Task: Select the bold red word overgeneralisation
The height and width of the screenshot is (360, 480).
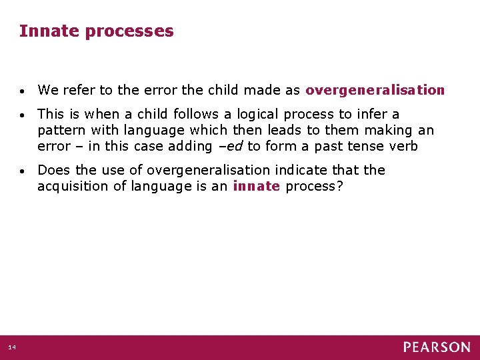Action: click(x=375, y=90)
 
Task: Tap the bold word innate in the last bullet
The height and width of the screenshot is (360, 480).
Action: click(x=256, y=186)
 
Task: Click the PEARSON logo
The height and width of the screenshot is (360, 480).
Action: click(x=436, y=347)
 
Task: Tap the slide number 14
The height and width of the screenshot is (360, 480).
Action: click(x=13, y=347)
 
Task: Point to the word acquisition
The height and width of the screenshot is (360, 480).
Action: click(x=72, y=187)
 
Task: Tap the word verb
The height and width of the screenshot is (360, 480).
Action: click(x=403, y=146)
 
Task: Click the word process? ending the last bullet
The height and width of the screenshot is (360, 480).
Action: click(x=314, y=187)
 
